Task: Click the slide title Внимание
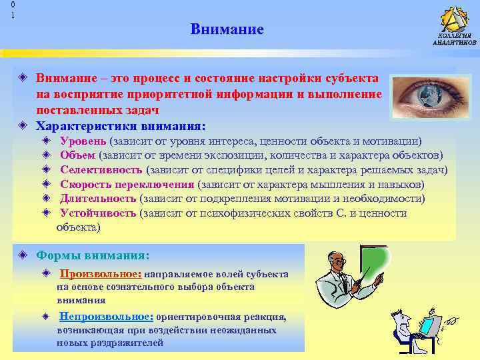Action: pyautogui.click(x=227, y=30)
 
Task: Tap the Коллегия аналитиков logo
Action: pyautogui.click(x=454, y=25)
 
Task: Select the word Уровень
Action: pyautogui.click(x=83, y=141)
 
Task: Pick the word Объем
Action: pyautogui.click(x=78, y=155)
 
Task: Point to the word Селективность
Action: pyautogui.click(x=101, y=169)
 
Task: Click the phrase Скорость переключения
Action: pyautogui.click(x=127, y=184)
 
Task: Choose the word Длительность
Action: pyautogui.click(x=98, y=198)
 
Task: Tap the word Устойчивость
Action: pyautogui.click(x=98, y=213)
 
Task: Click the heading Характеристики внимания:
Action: pyautogui.click(x=121, y=125)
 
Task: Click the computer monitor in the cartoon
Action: pyautogui.click(x=428, y=326)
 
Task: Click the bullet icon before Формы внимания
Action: pyautogui.click(x=23, y=255)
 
